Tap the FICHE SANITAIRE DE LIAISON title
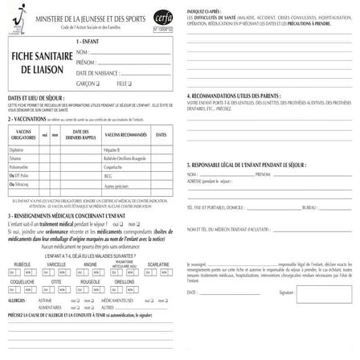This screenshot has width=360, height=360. (x=39, y=63)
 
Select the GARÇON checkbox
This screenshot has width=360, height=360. (x=97, y=83)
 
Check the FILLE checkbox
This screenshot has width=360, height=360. (x=130, y=83)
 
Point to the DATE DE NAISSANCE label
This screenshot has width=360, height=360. (x=96, y=72)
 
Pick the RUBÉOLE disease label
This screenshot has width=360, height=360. (x=22, y=264)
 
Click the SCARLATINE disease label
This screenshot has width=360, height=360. (x=158, y=264)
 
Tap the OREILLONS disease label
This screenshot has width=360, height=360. (x=125, y=282)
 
